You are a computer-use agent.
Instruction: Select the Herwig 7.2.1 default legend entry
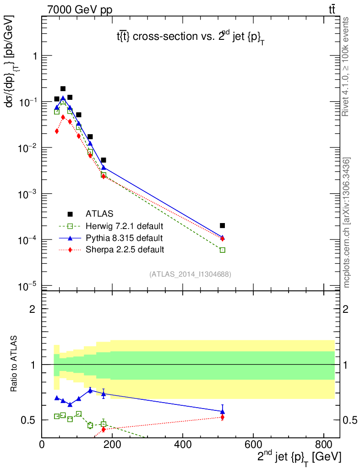(x=124, y=226)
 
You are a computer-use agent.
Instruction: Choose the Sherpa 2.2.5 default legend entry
(x=124, y=250)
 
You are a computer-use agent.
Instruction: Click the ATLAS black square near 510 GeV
(x=223, y=225)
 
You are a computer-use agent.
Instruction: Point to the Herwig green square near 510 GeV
(x=223, y=250)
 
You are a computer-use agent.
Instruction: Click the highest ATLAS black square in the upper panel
(x=63, y=89)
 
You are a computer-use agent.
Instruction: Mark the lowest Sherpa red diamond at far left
(x=57, y=131)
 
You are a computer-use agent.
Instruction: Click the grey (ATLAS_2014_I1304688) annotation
(x=190, y=274)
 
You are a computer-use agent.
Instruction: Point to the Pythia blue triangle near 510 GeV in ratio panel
(x=223, y=411)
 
